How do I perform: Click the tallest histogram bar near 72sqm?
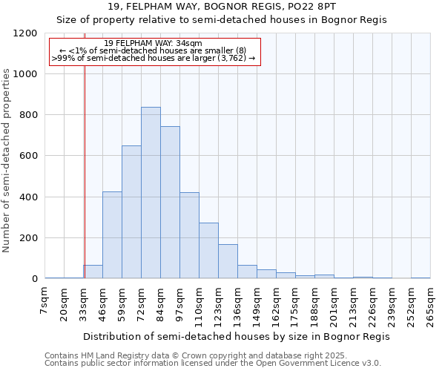click(x=151, y=193)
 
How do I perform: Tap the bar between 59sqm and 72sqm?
click(x=131, y=212)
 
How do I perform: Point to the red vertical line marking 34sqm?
click(x=85, y=163)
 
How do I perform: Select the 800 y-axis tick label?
click(x=27, y=115)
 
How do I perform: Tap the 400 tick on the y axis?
click(x=27, y=197)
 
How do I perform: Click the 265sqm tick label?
click(x=430, y=305)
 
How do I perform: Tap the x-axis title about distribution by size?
click(x=237, y=336)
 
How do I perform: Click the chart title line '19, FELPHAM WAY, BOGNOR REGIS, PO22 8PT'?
click(x=222, y=6)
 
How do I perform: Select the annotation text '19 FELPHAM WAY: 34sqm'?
click(x=154, y=44)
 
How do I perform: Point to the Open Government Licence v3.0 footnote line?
click(x=213, y=363)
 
